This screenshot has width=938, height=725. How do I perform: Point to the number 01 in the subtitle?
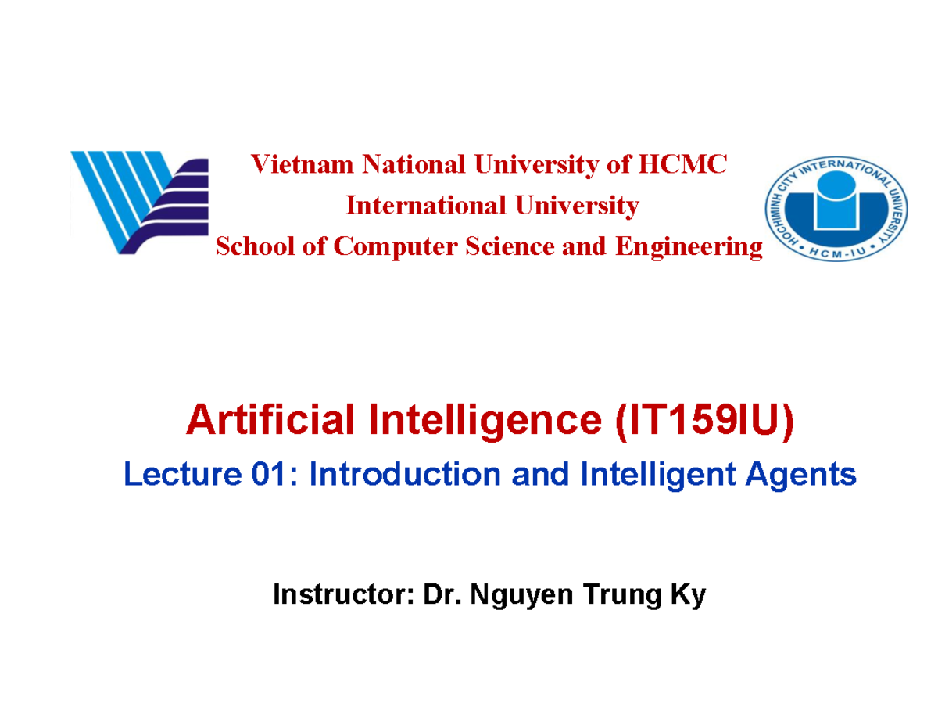[x=266, y=475]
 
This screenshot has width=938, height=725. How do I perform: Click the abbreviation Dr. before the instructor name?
[x=439, y=596]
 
